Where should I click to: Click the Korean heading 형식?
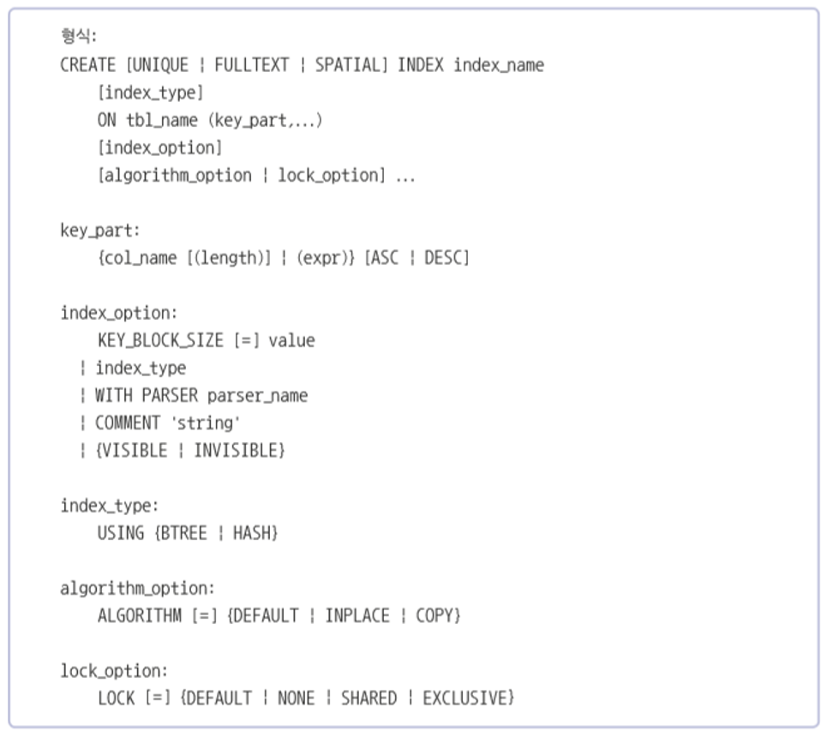click(x=78, y=37)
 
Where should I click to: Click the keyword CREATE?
click(x=88, y=65)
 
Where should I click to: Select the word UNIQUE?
click(x=160, y=65)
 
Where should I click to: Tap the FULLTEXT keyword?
click(x=251, y=65)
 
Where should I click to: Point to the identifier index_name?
click(x=499, y=65)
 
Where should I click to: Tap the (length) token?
click(x=229, y=258)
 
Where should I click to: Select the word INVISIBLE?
click(x=237, y=450)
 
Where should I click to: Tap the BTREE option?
click(x=183, y=533)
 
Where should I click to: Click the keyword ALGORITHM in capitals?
click(x=139, y=615)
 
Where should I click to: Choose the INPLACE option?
click(x=357, y=615)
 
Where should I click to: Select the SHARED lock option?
click(x=369, y=698)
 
